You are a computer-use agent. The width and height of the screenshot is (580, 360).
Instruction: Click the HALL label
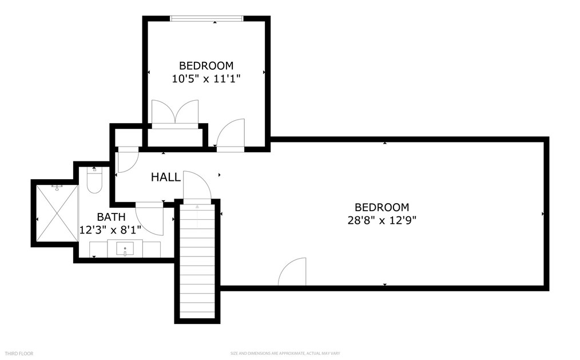tap(166, 177)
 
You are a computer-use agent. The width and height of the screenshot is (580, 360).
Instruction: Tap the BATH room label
tap(111, 217)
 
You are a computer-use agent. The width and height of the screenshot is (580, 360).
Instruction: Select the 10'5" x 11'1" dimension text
tap(206, 79)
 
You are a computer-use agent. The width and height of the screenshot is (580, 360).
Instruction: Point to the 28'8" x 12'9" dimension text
tap(382, 220)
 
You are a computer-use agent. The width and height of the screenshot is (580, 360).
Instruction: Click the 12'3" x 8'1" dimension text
tap(110, 230)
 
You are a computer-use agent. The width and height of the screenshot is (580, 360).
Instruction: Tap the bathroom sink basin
tap(125, 248)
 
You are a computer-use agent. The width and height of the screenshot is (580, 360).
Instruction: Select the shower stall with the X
tap(57, 213)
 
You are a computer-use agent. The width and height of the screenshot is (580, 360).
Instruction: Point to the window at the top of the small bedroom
tap(206, 18)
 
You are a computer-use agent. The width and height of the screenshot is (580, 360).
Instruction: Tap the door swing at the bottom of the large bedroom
tap(292, 271)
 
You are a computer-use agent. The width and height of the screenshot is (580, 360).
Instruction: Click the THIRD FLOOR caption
tap(19, 354)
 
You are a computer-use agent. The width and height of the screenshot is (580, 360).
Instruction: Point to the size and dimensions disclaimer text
tap(285, 354)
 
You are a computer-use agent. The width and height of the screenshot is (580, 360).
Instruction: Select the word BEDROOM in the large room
tap(382, 207)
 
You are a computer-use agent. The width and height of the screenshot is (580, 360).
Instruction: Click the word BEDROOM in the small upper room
tap(206, 65)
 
